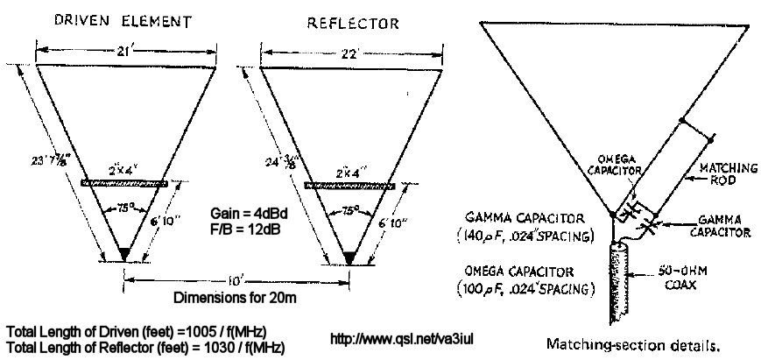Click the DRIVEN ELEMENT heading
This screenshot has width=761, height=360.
[123, 18]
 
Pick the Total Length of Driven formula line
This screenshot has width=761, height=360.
[136, 333]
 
